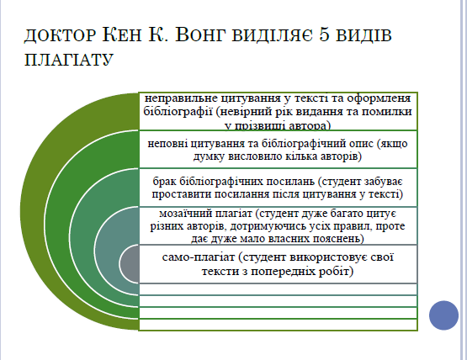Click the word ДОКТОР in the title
[x=60, y=35]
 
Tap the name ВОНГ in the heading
[x=200, y=34]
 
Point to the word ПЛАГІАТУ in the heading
[x=69, y=59]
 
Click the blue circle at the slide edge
[x=443, y=315]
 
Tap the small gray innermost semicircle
[x=130, y=264]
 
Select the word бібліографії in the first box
[x=178, y=112]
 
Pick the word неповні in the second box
[x=167, y=144]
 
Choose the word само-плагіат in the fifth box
[x=199, y=257]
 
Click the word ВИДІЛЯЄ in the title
[x=273, y=34]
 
